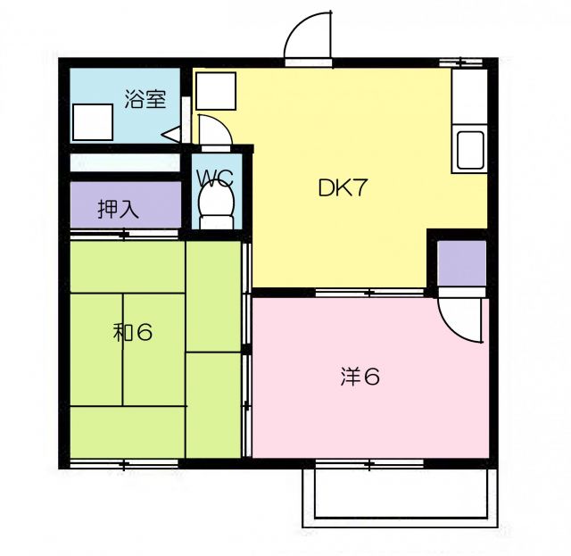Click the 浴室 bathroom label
[145, 100]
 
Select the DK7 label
[343, 189]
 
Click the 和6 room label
[133, 333]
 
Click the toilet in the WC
[215, 203]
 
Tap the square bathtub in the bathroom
[93, 122]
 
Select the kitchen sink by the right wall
[470, 150]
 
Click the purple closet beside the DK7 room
[461, 266]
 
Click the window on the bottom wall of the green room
[125, 464]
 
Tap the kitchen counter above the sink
[469, 98]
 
